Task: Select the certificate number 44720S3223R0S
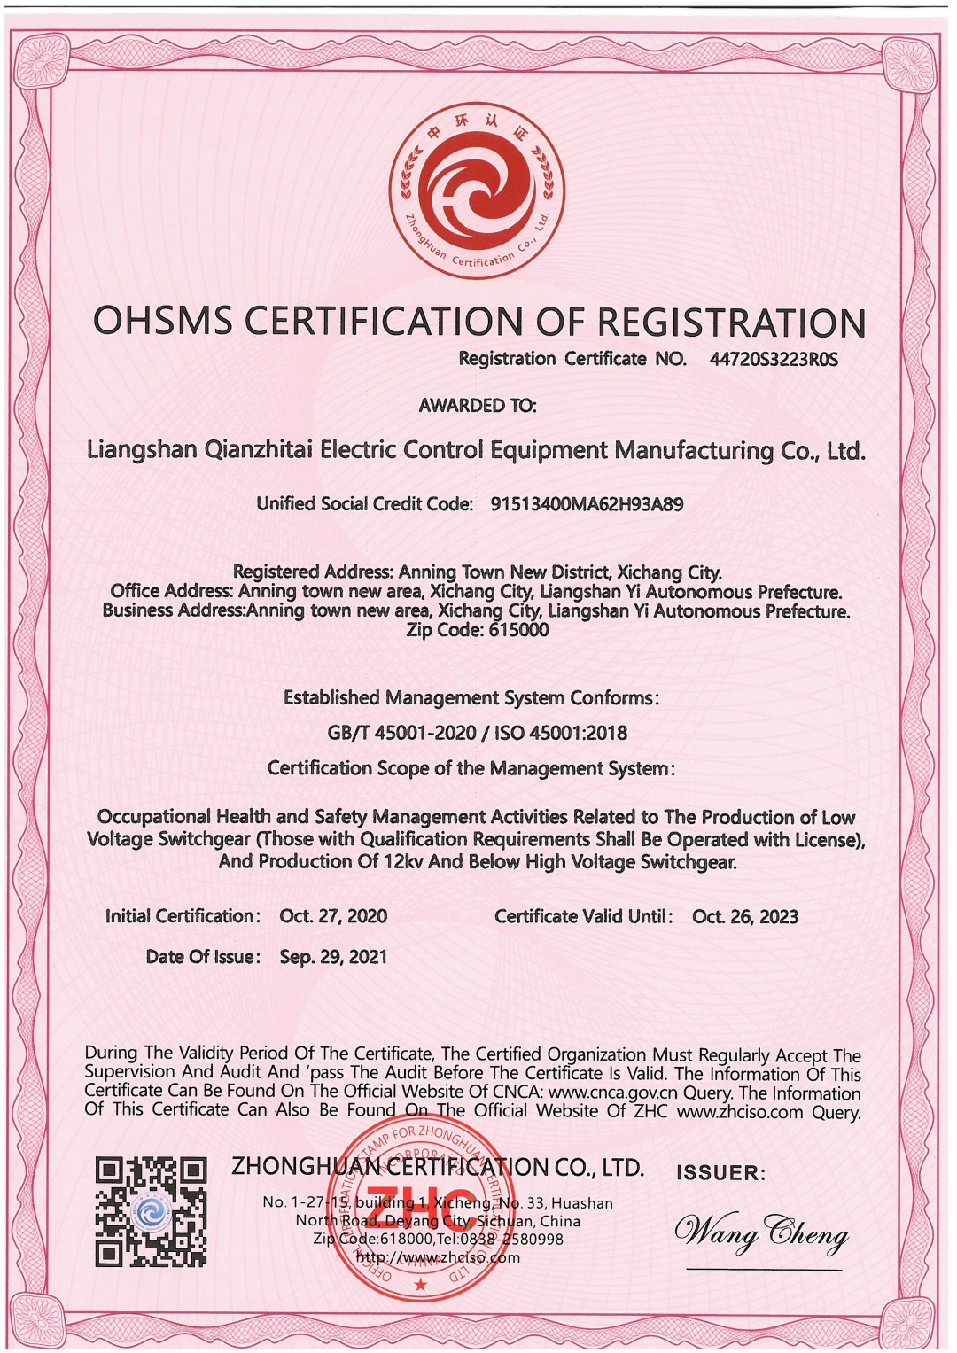773,360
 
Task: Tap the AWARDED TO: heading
478,406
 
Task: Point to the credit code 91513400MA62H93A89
587,504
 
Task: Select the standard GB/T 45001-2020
401,733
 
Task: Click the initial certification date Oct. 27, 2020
333,916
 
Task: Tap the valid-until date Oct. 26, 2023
745,916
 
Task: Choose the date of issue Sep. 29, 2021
333,957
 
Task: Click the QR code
152,1211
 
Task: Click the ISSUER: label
720,1173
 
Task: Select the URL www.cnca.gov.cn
612,1093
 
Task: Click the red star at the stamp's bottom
421,1284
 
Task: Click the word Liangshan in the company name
142,450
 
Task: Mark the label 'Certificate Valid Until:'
583,916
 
